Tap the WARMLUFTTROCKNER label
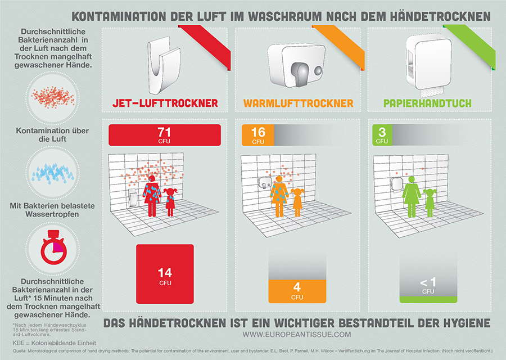click(298, 103)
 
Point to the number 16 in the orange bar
click(258, 132)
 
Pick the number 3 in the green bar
click(382, 132)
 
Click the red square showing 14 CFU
click(165, 274)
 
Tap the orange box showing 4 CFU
click(297, 290)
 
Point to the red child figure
click(170, 202)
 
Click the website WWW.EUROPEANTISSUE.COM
click(297, 335)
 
